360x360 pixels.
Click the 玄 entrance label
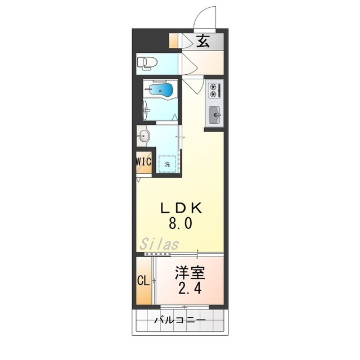coord(203,40)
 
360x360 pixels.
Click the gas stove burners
coord(214,88)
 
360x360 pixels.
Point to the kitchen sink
coord(215,115)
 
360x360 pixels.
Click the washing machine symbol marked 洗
coord(167,164)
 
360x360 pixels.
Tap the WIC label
coord(143,161)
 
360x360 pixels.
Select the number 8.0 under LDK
coord(181,223)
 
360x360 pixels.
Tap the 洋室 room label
coord(188,274)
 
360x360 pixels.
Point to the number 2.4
coord(188,289)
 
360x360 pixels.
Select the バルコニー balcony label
coord(179,321)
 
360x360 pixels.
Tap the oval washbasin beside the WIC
coord(143,136)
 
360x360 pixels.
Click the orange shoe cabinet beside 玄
coord(173,41)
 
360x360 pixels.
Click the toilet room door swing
coord(188,65)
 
